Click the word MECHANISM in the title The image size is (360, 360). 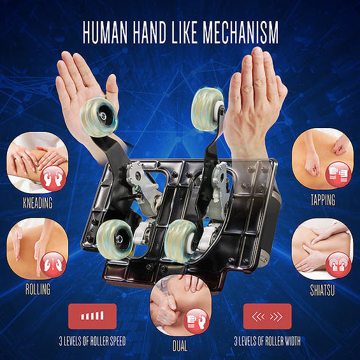[240, 32]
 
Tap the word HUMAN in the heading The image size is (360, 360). [105, 32]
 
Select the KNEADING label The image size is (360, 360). [38, 203]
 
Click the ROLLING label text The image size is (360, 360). [38, 289]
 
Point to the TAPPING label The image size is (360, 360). [323, 200]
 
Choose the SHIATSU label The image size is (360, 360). [322, 290]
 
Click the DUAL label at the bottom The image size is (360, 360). [180, 346]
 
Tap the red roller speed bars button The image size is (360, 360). [92, 316]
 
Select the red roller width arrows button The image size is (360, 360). [268, 316]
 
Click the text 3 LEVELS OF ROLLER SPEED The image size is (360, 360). [92, 341]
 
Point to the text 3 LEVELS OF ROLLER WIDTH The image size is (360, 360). [267, 341]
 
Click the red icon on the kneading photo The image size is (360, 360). [54, 178]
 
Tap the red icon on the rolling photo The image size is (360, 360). [54, 264]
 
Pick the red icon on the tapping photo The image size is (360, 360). [338, 174]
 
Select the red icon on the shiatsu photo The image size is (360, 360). [338, 264]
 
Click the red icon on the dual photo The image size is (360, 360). [196, 321]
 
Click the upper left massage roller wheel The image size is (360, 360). [99, 117]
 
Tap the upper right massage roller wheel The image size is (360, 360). [208, 110]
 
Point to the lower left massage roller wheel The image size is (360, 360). [114, 239]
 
